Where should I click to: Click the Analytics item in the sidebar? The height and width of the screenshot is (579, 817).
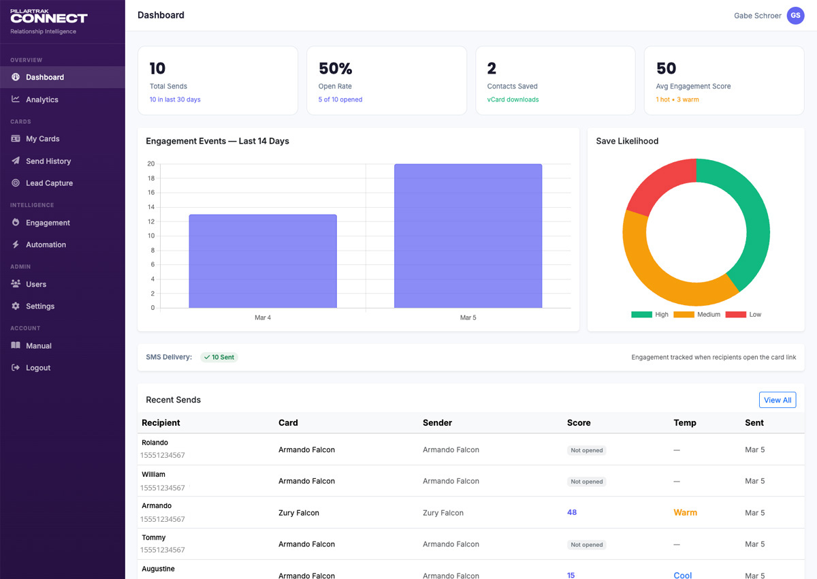coord(42,99)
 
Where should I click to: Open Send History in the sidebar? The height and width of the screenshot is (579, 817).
coord(48,161)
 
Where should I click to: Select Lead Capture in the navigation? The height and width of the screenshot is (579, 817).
coord(49,183)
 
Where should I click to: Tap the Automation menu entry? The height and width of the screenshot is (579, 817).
coord(46,245)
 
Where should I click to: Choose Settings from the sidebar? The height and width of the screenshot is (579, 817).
coord(39,307)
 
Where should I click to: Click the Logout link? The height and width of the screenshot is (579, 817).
coord(37,368)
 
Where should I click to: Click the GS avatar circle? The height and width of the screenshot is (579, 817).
coord(795,16)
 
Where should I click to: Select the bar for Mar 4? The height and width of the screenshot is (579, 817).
coord(262,262)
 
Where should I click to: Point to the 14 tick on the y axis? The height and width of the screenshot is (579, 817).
coord(151,207)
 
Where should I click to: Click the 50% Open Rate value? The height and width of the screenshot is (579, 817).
coord(336,69)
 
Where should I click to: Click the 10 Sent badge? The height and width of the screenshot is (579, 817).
coord(219,357)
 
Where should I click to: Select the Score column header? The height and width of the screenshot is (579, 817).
coord(579,423)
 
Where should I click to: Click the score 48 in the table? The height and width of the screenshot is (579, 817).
coord(572,512)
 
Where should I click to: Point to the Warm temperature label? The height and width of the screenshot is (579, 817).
coord(685,512)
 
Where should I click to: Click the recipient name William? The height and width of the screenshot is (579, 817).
coord(153,474)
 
